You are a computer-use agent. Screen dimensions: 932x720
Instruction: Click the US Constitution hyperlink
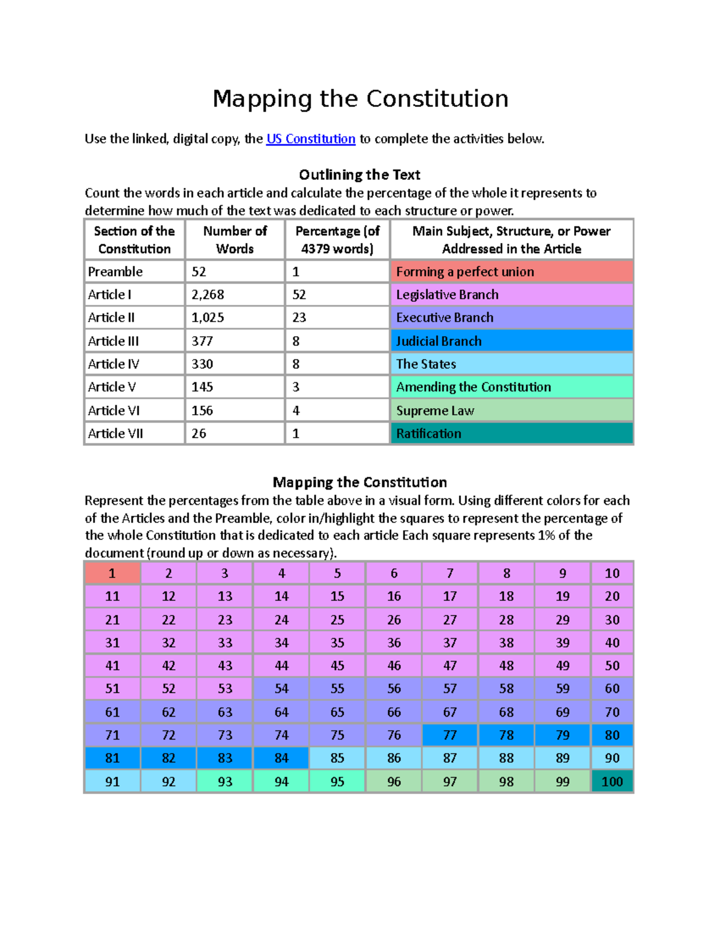pyautogui.click(x=311, y=139)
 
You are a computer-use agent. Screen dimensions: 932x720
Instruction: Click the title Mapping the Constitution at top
pyautogui.click(x=360, y=99)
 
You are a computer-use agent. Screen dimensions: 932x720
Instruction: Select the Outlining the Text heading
pyautogui.click(x=359, y=175)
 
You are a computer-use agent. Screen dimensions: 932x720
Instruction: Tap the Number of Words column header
pyautogui.click(x=235, y=239)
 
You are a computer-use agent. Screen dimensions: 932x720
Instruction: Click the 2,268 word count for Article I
pyautogui.click(x=208, y=295)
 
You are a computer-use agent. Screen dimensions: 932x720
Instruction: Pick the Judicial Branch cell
pyautogui.click(x=511, y=341)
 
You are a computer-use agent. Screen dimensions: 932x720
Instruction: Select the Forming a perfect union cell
pyautogui.click(x=511, y=272)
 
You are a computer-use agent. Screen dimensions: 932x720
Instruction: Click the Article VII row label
pyautogui.click(x=116, y=433)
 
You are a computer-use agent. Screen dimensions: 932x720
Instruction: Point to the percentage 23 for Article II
pyautogui.click(x=299, y=317)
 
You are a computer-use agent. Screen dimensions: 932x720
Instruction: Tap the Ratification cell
pyautogui.click(x=511, y=433)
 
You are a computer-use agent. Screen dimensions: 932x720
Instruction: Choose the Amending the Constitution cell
pyautogui.click(x=511, y=387)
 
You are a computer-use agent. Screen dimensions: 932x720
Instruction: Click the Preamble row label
pyautogui.click(x=115, y=272)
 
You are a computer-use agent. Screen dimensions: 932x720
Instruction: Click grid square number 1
pyautogui.click(x=112, y=573)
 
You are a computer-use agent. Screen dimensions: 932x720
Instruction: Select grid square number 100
pyautogui.click(x=612, y=781)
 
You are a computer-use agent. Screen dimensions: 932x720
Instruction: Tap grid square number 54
pyautogui.click(x=281, y=689)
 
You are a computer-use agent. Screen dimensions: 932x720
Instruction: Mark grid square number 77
pyautogui.click(x=450, y=735)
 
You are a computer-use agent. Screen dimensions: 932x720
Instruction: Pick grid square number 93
pyautogui.click(x=225, y=781)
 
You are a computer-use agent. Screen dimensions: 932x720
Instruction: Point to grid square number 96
pyautogui.click(x=394, y=781)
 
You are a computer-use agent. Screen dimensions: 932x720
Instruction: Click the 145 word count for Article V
pyautogui.click(x=202, y=387)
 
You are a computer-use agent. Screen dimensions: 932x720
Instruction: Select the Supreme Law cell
pyautogui.click(x=511, y=410)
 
